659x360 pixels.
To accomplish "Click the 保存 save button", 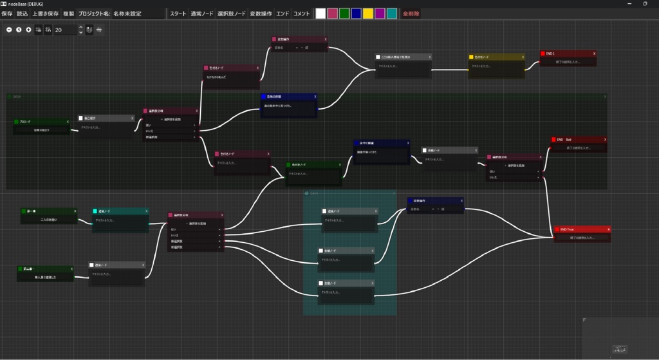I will [7, 14].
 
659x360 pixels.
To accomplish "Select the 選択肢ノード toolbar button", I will [231, 14].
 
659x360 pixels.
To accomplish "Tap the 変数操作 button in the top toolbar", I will [261, 14].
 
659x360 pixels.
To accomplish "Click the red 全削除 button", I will [411, 14].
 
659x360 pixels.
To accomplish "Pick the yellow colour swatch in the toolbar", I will [367, 14].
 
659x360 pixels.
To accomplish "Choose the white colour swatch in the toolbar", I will [320, 14].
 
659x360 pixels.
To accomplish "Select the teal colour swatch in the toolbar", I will [391, 14].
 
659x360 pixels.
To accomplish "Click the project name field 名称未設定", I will [127, 14].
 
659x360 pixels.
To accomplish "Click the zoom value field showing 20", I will [65, 30].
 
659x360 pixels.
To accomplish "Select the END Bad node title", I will [576, 140].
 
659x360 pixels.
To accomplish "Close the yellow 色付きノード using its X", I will [522, 57].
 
